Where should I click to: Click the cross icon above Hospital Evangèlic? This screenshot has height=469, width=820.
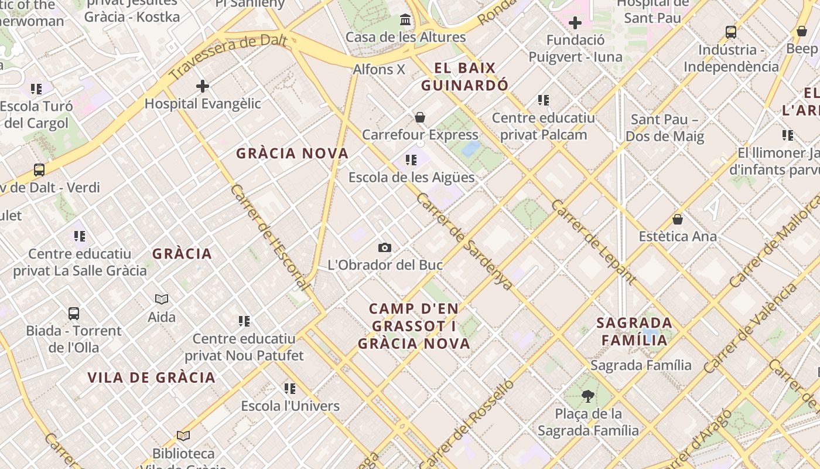click(x=202, y=86)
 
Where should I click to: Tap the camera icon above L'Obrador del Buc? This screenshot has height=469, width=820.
click(x=384, y=247)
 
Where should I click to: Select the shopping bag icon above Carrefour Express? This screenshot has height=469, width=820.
click(x=419, y=117)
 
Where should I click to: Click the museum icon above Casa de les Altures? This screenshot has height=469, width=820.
click(x=405, y=21)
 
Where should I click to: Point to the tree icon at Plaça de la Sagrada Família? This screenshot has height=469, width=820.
click(x=587, y=396)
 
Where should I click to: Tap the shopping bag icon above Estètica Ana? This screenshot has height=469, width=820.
click(x=678, y=219)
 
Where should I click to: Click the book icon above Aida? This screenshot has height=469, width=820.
click(x=162, y=299)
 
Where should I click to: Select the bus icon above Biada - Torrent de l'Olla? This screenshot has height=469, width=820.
click(x=74, y=313)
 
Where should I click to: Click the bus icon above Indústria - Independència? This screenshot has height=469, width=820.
click(x=731, y=32)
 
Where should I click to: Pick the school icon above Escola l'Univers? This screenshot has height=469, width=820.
click(x=290, y=388)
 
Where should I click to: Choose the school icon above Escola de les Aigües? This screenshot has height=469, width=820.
click(x=411, y=159)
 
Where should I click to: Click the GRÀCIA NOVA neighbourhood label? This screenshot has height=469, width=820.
click(x=292, y=154)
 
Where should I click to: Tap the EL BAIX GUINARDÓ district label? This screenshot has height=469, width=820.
click(x=465, y=77)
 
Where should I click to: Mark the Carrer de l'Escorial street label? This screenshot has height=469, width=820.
click(x=269, y=237)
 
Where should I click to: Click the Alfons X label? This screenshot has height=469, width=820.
click(x=379, y=69)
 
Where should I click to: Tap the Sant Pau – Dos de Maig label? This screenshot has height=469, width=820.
click(x=664, y=128)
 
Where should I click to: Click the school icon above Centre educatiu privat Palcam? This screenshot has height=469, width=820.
click(x=543, y=100)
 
